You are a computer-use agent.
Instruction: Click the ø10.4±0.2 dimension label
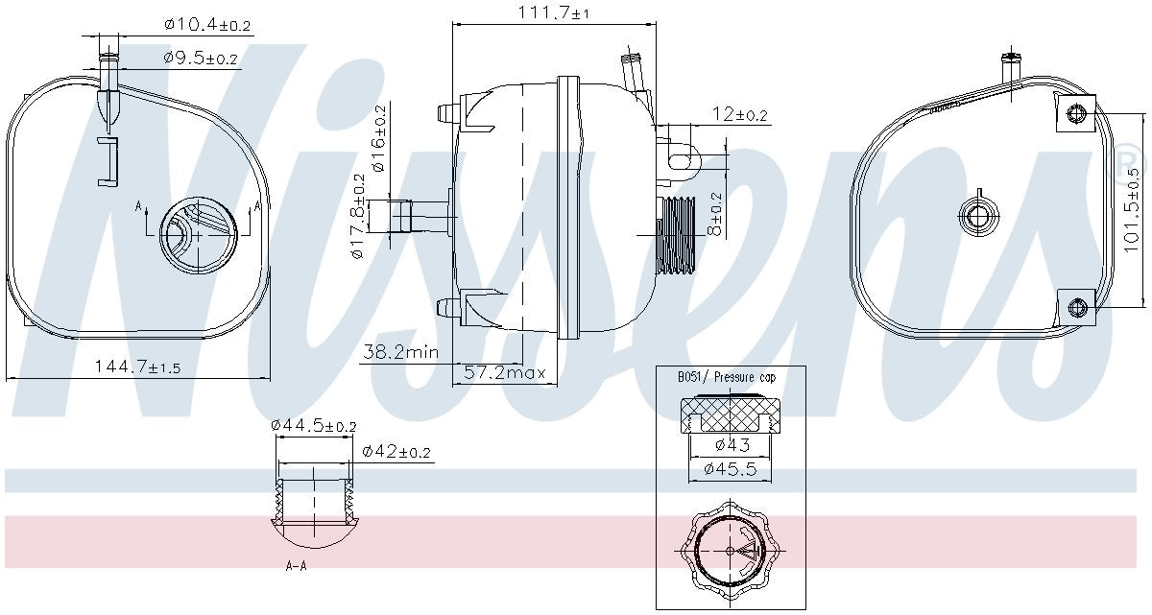[x=207, y=25]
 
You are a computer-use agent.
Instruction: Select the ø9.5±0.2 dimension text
[x=200, y=59]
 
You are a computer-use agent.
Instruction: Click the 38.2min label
[x=399, y=352]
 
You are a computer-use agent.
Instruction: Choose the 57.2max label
[x=504, y=372]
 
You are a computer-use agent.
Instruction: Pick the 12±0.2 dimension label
[x=740, y=114]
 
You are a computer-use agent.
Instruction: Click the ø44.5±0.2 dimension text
[x=313, y=425]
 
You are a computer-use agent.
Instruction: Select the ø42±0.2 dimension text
[x=396, y=452]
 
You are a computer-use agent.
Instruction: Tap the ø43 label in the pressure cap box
[x=732, y=445]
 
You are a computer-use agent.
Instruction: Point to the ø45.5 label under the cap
[x=731, y=469]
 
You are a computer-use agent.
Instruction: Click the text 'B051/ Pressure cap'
[x=726, y=378]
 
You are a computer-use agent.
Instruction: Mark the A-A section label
[x=296, y=566]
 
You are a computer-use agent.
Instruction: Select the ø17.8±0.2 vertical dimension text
[x=358, y=217]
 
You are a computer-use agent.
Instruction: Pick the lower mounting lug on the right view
[x=1077, y=306]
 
